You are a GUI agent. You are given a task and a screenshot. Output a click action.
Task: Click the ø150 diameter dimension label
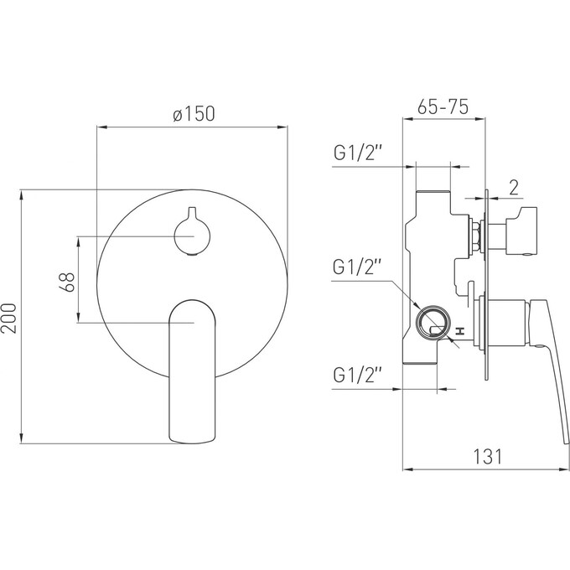click(194, 114)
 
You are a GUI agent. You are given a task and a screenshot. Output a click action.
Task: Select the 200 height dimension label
click(8, 319)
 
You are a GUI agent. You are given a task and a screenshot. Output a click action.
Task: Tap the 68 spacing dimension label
click(67, 282)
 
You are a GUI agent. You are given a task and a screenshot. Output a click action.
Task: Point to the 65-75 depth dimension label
click(443, 107)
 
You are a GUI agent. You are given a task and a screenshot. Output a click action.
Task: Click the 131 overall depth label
click(488, 457)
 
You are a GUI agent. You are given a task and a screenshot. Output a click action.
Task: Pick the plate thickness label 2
click(514, 188)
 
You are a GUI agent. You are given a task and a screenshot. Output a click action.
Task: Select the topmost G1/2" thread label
click(358, 153)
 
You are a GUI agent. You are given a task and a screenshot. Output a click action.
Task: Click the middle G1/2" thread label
click(356, 267)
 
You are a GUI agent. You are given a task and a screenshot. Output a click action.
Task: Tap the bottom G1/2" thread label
click(358, 376)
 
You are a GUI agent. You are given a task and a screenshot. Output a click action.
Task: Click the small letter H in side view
click(460, 331)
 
